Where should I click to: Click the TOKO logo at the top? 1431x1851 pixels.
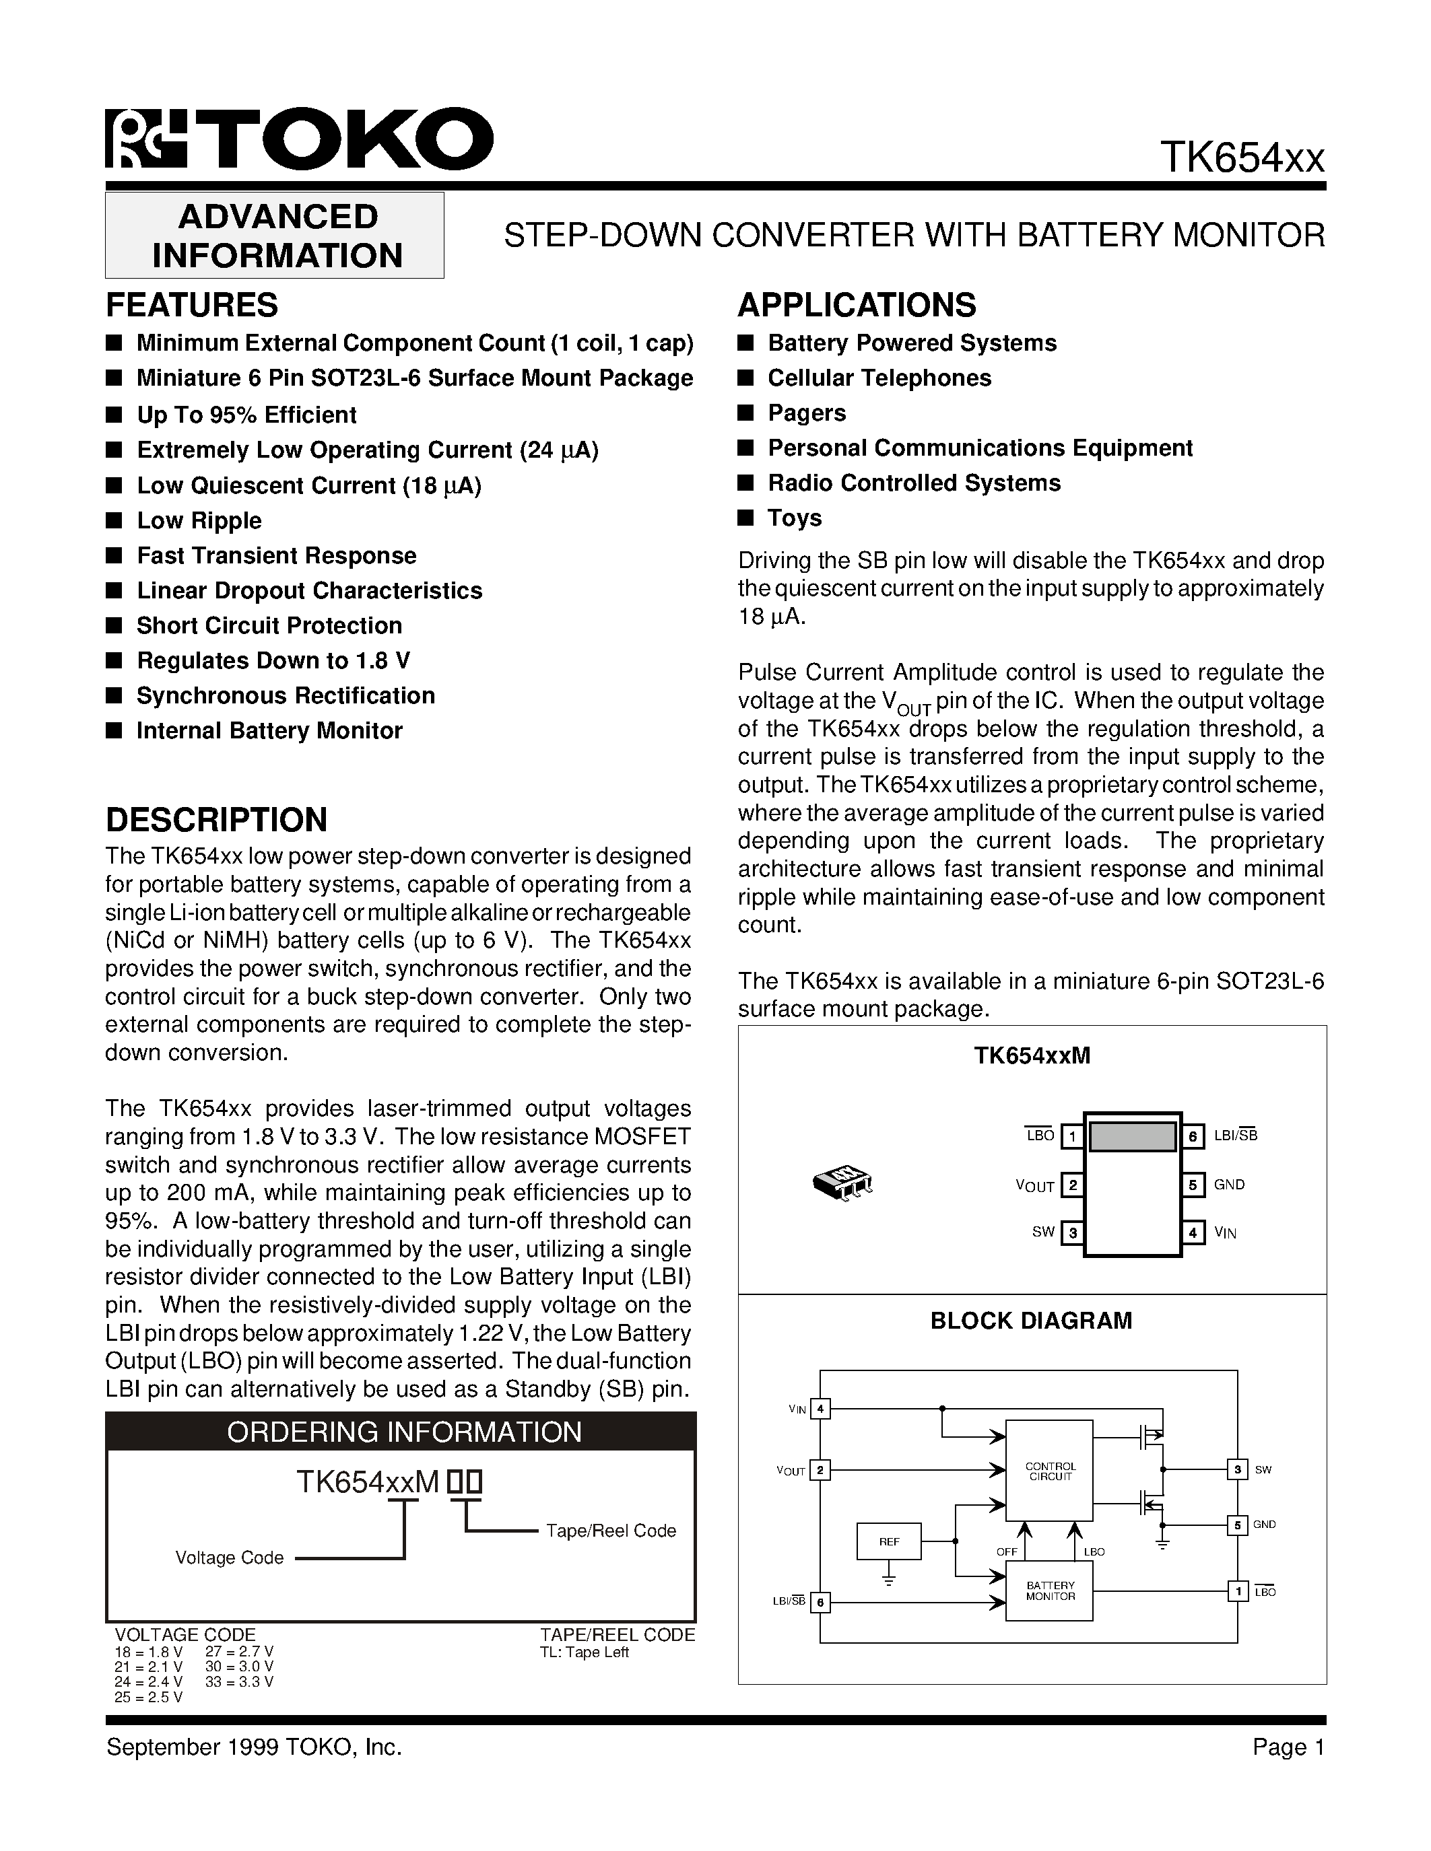click(298, 139)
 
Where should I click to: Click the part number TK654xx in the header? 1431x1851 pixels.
click(1241, 158)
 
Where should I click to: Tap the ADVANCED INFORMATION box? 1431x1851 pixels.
click(275, 236)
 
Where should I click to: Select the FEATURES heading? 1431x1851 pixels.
click(192, 305)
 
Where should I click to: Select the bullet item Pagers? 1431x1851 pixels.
click(806, 413)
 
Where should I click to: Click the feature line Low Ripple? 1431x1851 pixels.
click(199, 520)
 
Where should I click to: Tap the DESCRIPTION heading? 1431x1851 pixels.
click(216, 820)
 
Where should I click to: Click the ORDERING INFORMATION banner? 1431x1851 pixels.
click(403, 1432)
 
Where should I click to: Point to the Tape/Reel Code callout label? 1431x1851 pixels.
click(610, 1531)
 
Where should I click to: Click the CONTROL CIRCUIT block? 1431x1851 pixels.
click(1050, 1471)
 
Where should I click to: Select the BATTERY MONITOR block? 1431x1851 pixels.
click(1050, 1591)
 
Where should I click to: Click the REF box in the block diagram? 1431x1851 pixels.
click(888, 1541)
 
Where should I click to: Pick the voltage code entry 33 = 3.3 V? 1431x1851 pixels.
click(239, 1682)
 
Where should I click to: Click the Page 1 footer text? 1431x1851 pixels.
click(1288, 1747)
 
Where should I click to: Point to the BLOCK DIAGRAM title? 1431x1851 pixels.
click(1031, 1321)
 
